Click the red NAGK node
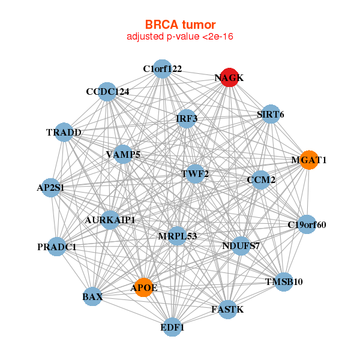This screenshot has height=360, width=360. [229, 77]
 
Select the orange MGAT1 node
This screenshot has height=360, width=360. [308, 160]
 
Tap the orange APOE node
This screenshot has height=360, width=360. [143, 287]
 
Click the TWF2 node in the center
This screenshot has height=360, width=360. [195, 174]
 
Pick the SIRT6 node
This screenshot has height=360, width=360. [271, 114]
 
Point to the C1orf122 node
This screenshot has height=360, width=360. [162, 68]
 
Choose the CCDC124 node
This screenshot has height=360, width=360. [107, 91]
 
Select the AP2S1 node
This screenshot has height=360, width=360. [50, 187]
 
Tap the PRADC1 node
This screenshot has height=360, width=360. [56, 247]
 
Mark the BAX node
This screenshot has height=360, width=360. [92, 296]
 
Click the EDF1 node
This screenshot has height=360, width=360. [172, 327]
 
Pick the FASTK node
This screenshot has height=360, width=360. [227, 309]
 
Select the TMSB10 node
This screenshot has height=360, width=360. [284, 281]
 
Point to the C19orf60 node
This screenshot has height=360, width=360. [307, 225]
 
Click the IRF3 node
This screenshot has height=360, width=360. [187, 118]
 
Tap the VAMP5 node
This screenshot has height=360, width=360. [123, 154]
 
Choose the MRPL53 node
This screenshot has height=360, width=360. [178, 235]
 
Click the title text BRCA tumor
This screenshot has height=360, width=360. [180, 25]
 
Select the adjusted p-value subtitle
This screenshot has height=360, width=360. [180, 37]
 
